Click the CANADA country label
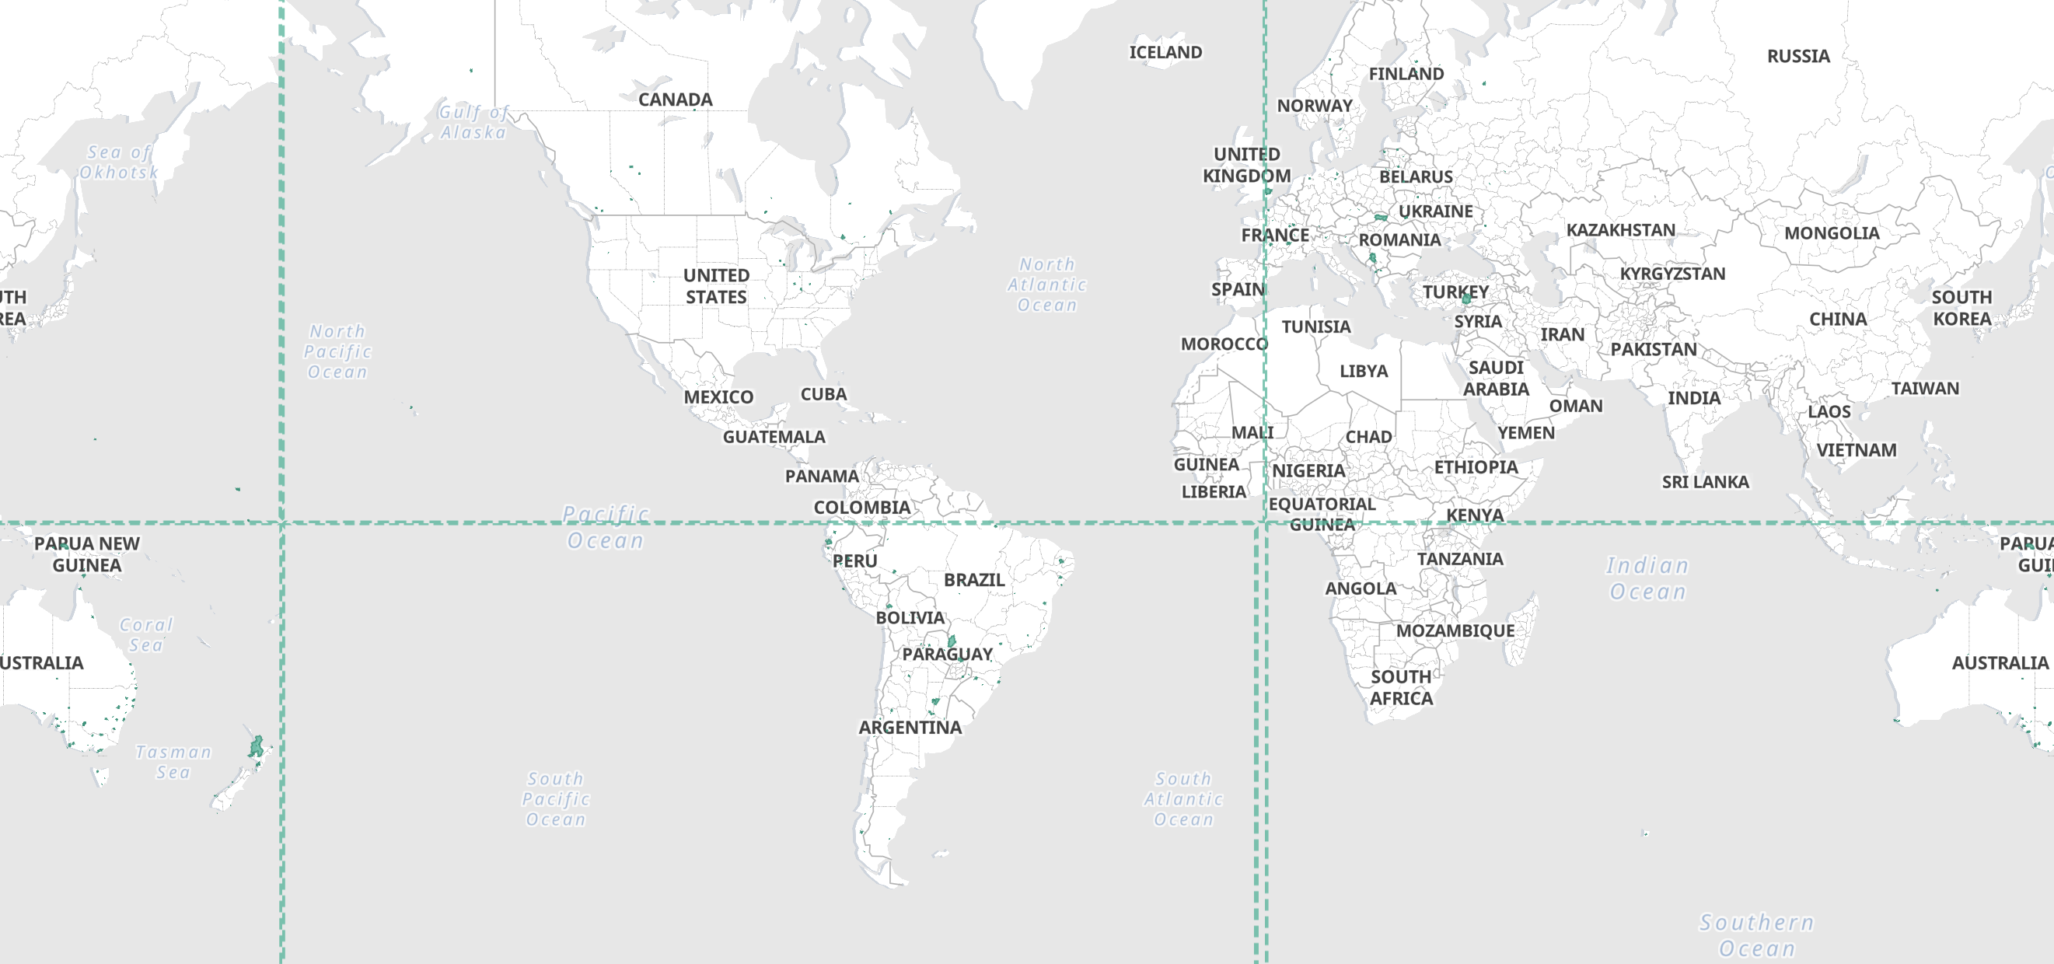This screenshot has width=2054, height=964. pyautogui.click(x=675, y=100)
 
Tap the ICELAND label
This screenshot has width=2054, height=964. pyautogui.click(x=1165, y=53)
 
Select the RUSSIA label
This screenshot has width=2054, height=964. pyautogui.click(x=1798, y=57)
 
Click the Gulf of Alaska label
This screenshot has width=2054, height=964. pyautogui.click(x=473, y=122)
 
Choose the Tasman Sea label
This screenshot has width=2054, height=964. pyautogui.click(x=173, y=761)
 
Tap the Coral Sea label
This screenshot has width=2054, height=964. pyautogui.click(x=146, y=634)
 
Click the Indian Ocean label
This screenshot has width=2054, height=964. pyautogui.click(x=1647, y=578)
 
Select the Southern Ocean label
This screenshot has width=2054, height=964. pyautogui.click(x=1756, y=935)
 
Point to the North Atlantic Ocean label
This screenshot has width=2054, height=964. pyautogui.click(x=1047, y=285)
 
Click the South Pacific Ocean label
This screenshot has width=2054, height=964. pyautogui.click(x=556, y=799)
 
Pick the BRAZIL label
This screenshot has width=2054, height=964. pyautogui.click(x=973, y=580)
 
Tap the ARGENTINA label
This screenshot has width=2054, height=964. pyautogui.click(x=910, y=727)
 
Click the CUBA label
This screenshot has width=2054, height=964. pyautogui.click(x=823, y=394)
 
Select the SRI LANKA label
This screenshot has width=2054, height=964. pyautogui.click(x=1705, y=481)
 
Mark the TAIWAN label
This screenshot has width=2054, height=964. pyautogui.click(x=1925, y=388)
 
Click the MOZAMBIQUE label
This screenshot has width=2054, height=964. pyautogui.click(x=1455, y=630)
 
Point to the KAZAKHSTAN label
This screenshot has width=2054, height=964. pyautogui.click(x=1620, y=230)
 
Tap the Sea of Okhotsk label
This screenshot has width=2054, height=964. pyautogui.click(x=119, y=162)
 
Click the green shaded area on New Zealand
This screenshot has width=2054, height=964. pyautogui.click(x=255, y=747)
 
